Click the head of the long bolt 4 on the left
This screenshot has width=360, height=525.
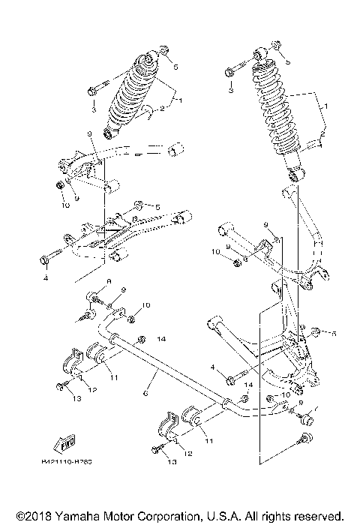click(44, 260)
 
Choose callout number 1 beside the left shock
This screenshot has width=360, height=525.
click(178, 97)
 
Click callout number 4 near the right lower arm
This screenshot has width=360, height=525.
click(214, 367)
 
